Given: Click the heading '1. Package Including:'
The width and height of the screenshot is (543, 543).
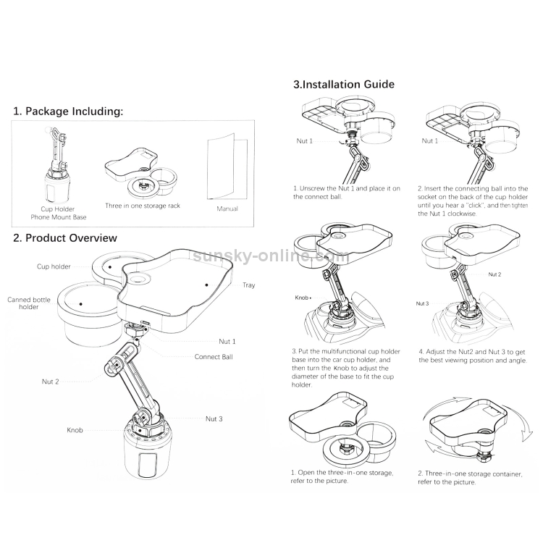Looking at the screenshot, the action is pos(68,111).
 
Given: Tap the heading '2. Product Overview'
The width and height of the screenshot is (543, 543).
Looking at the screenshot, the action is pos(65,238).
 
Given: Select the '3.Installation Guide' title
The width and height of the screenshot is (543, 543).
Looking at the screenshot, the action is pos(344,84).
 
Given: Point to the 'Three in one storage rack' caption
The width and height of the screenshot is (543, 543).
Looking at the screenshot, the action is pos(143,206).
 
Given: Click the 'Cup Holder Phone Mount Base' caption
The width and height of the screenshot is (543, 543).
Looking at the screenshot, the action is pos(59,213).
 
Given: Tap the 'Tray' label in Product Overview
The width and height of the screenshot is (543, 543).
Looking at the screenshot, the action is pos(248,285).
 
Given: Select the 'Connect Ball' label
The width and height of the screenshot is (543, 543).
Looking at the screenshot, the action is pos(214,357).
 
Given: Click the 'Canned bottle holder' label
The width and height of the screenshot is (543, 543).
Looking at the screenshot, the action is pos(29,303).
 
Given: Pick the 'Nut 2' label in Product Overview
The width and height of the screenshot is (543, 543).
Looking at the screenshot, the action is pos(50,382).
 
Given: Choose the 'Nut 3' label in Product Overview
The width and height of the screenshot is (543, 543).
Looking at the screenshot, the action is pos(214,418).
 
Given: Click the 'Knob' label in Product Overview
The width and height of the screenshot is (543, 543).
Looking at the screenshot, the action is pos(75,430).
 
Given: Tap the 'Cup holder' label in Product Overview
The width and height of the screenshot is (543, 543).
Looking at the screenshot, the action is pos(54,266).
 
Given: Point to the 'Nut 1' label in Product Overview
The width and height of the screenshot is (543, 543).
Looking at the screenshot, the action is pos(227,342).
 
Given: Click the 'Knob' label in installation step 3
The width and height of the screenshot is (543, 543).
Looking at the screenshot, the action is pos(301,298).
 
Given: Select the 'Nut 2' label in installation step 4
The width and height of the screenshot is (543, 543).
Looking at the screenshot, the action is pos(494,274).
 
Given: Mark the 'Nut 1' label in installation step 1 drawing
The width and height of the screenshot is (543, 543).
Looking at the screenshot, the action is pos(304,141).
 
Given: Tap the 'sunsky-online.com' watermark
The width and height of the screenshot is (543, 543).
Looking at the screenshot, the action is pos(271,256).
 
